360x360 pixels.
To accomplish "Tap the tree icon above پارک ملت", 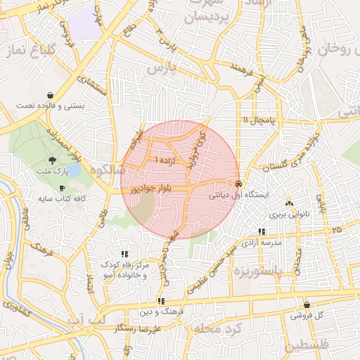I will click(53, 160).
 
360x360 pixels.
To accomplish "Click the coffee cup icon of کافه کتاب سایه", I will click(62, 188).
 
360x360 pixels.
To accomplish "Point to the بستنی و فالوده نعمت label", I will click(50, 105).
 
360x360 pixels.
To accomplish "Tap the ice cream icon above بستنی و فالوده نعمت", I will click(50, 95).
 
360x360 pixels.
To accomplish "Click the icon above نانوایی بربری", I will click(289, 202).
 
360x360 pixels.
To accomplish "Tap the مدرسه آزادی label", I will click(262, 242).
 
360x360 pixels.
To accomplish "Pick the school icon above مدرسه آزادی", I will click(262, 231).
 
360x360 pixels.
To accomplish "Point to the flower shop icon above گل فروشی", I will click(307, 305).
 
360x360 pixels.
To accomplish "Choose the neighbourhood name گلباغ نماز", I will click(29, 51).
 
